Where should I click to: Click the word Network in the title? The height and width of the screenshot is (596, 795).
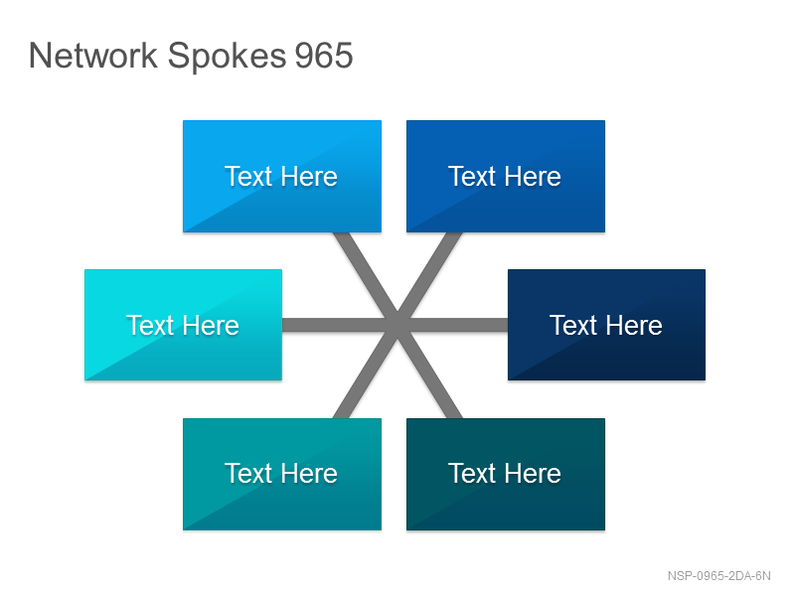click(93, 55)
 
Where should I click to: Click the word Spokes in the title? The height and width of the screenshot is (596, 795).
click(227, 57)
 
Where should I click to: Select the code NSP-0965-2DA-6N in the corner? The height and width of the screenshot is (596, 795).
click(718, 576)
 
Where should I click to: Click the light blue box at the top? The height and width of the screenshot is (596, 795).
click(282, 177)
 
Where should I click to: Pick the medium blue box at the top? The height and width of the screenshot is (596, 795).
click(506, 177)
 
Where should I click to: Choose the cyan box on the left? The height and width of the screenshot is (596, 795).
click(183, 325)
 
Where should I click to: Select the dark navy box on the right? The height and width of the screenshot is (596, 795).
click(606, 325)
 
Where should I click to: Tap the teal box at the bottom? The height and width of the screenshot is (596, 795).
click(282, 475)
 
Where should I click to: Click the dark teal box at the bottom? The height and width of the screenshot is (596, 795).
click(506, 475)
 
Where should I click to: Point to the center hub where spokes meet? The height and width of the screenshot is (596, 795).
click(398, 326)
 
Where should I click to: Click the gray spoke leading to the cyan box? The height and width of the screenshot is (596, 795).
click(340, 325)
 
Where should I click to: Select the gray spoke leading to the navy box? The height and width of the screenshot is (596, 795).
click(453, 325)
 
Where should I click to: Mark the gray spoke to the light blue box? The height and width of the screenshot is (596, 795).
click(366, 279)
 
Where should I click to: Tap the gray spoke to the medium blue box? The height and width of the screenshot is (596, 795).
click(429, 279)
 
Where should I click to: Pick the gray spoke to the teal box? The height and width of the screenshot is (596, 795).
click(366, 372)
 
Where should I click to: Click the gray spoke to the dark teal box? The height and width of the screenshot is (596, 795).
click(430, 372)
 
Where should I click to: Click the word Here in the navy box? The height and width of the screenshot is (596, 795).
click(634, 325)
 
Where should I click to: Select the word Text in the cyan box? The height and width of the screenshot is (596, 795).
click(150, 325)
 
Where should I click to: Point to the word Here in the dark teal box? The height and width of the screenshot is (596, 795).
click(533, 474)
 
